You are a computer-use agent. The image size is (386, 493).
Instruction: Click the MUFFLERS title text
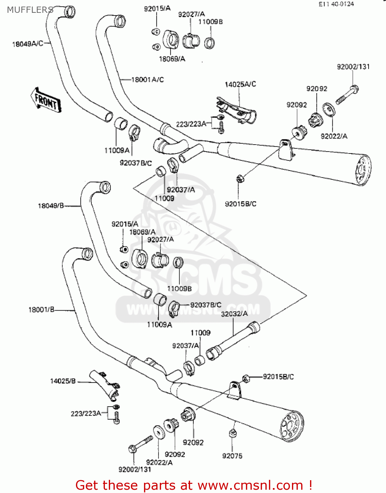(30, 10)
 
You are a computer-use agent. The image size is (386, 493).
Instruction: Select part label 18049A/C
(28, 44)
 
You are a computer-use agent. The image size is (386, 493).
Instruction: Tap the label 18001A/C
(148, 80)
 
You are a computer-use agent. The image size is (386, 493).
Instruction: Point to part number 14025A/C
(240, 84)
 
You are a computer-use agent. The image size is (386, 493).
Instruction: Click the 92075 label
(232, 456)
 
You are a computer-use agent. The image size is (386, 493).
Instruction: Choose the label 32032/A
(234, 314)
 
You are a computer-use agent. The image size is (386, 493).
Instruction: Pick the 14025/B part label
(63, 381)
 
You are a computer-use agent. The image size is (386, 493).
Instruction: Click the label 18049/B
(51, 206)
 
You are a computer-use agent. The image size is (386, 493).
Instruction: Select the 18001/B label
(41, 310)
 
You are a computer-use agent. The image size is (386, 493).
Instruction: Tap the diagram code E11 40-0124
(336, 4)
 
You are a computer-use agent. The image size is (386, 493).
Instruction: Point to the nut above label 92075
(233, 434)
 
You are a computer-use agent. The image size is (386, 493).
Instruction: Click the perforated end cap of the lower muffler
(292, 426)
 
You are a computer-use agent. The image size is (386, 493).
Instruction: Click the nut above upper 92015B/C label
(240, 178)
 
